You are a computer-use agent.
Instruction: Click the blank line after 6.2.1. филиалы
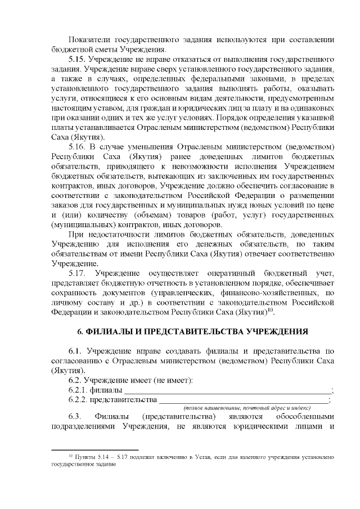point(228,392)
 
